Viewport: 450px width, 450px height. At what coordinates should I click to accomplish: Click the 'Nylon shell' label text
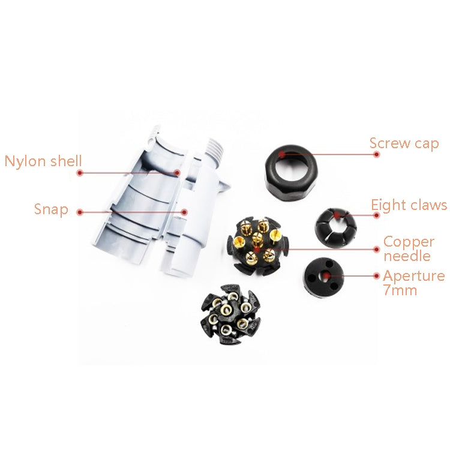click(43, 161)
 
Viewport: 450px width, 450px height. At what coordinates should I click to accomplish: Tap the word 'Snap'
click(51, 210)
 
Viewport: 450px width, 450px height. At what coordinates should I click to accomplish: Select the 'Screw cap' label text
click(404, 144)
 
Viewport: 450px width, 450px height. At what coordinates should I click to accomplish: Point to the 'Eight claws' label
click(409, 205)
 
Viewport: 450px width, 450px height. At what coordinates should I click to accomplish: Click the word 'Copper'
click(409, 242)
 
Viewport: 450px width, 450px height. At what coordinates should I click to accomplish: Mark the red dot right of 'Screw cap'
click(377, 154)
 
